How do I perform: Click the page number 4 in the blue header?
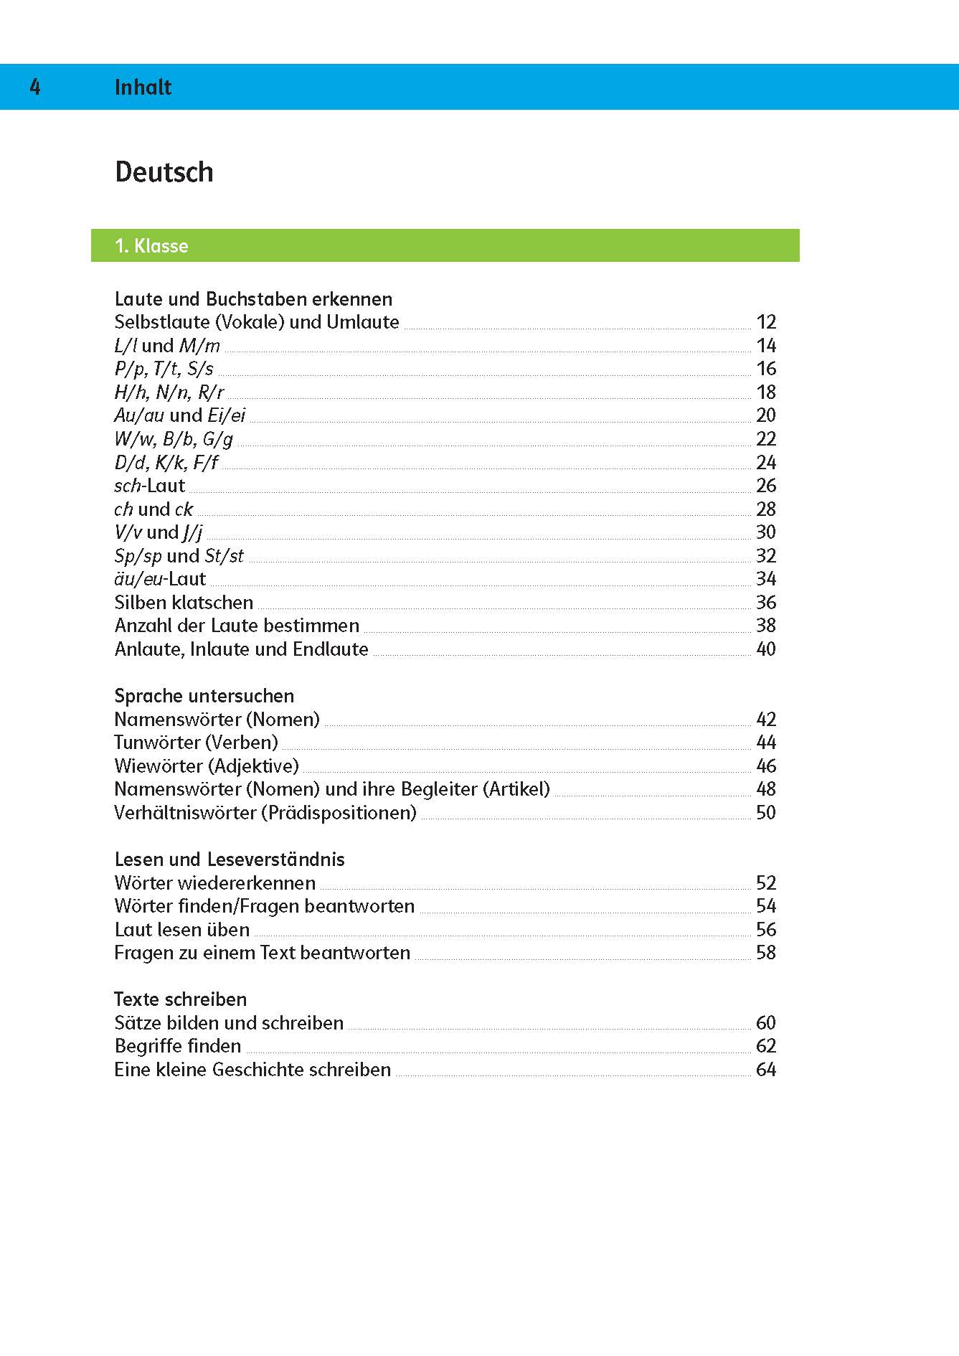tap(35, 88)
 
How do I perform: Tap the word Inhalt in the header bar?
tap(143, 88)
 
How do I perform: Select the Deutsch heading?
tap(164, 172)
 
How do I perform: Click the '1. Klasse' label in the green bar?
tap(151, 246)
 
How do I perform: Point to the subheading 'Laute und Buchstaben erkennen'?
tap(253, 299)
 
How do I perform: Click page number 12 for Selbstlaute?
tap(766, 322)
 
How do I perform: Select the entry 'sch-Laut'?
tap(149, 486)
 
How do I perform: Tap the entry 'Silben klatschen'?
tap(184, 603)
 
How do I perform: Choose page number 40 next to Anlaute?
tap(766, 649)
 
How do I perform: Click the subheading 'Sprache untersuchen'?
tap(204, 696)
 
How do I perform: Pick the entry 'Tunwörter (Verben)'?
tap(196, 743)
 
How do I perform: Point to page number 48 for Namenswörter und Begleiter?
tap(766, 789)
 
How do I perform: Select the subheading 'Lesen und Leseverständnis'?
tap(230, 860)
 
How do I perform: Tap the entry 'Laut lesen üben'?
tap(182, 930)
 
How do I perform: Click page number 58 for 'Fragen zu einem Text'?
tap(766, 953)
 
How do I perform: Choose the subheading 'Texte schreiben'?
tap(180, 999)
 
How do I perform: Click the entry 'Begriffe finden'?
tap(178, 1046)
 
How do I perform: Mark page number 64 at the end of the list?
tap(766, 1070)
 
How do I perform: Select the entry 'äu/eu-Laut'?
tap(160, 579)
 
